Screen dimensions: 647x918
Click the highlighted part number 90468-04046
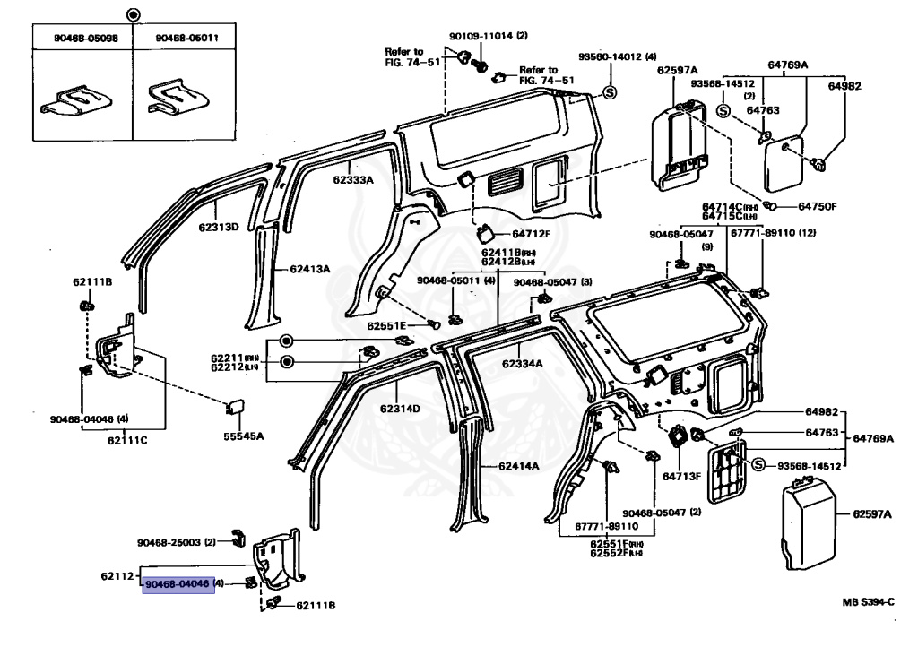click(x=178, y=583)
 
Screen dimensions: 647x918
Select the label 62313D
click(x=219, y=227)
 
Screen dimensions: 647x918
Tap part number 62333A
click(x=348, y=180)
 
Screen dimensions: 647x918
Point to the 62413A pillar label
click(x=309, y=269)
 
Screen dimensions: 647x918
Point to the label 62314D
click(x=400, y=409)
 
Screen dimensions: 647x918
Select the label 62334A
click(x=523, y=364)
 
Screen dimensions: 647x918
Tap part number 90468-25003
click(x=169, y=542)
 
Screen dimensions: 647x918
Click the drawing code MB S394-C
click(x=868, y=602)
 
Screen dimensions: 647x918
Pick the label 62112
click(x=117, y=574)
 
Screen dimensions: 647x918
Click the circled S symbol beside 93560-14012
click(x=609, y=92)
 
